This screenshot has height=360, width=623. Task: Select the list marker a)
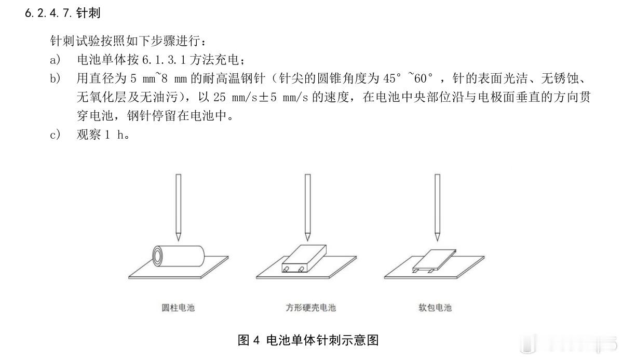pyautogui.click(x=55, y=60)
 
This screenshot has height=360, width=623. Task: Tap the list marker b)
pyautogui.click(x=55, y=79)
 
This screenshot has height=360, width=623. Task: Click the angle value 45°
pyautogui.click(x=392, y=79)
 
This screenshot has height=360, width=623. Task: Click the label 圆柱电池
pyautogui.click(x=178, y=308)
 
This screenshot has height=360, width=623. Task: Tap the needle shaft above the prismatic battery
pyautogui.click(x=307, y=203)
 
